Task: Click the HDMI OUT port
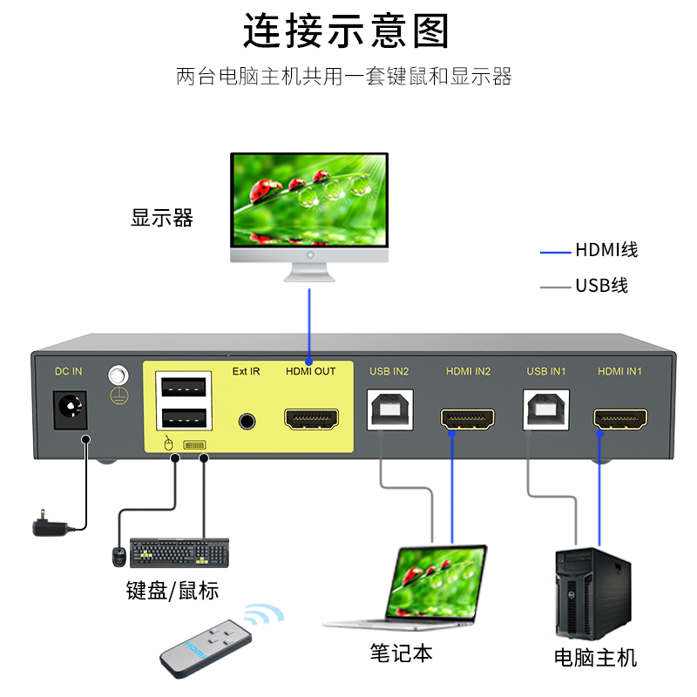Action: pyautogui.click(x=311, y=419)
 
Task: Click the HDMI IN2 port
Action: pyautogui.click(x=468, y=419)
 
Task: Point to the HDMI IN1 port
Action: pyautogui.click(x=620, y=419)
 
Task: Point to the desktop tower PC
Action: pyautogui.click(x=593, y=592)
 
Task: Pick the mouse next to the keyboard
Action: pyautogui.click(x=118, y=556)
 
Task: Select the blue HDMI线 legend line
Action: pyautogui.click(x=555, y=253)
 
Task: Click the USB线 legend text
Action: pyautogui.click(x=601, y=286)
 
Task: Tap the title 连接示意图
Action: pyautogui.click(x=346, y=32)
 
